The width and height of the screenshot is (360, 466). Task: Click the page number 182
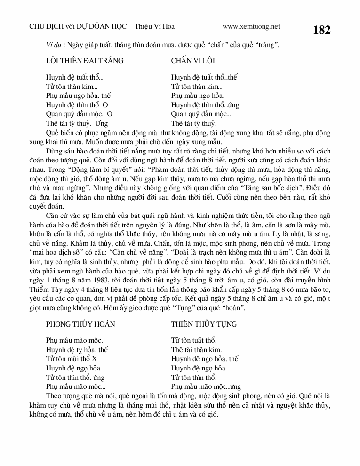click(x=321, y=30)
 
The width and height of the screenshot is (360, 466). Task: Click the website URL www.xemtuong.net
click(x=251, y=27)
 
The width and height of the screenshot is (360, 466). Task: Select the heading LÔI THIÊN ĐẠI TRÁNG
click(x=85, y=60)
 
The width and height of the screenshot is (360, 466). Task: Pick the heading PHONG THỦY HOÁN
click(x=80, y=324)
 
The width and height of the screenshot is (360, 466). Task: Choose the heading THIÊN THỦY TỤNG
click(x=204, y=324)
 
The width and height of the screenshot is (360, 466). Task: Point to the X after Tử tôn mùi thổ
click(x=95, y=359)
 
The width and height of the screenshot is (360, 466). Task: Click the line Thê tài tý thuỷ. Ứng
click(x=74, y=123)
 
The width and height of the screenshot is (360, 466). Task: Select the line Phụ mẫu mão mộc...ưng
click(x=206, y=386)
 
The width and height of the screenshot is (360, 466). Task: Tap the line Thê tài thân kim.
click(x=196, y=350)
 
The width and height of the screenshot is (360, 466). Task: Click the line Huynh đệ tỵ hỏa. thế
click(x=77, y=350)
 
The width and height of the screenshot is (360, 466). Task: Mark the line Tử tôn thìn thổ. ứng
click(x=75, y=377)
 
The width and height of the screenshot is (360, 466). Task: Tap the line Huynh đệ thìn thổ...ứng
click(x=205, y=105)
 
